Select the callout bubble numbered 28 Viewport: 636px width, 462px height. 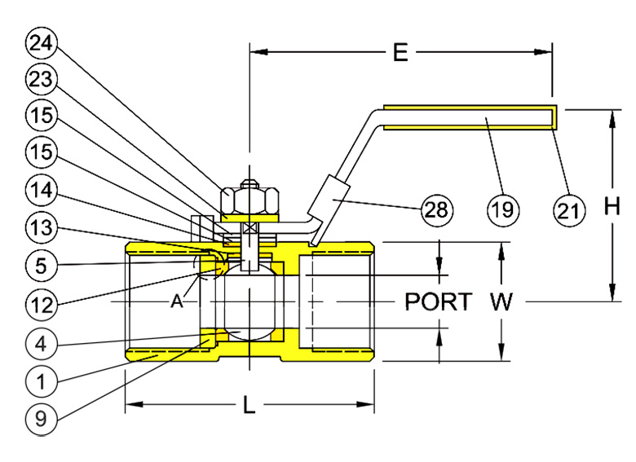pos(436,210)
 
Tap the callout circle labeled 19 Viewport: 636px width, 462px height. pos(503,210)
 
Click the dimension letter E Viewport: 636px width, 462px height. pos(400,54)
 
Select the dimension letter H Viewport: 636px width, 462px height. pos(612,208)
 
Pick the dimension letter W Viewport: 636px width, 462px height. pos(502,302)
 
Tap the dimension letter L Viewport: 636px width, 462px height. pos(250,405)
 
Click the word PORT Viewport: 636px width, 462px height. pos(438,302)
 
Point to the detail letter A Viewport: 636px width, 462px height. pos(175,302)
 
